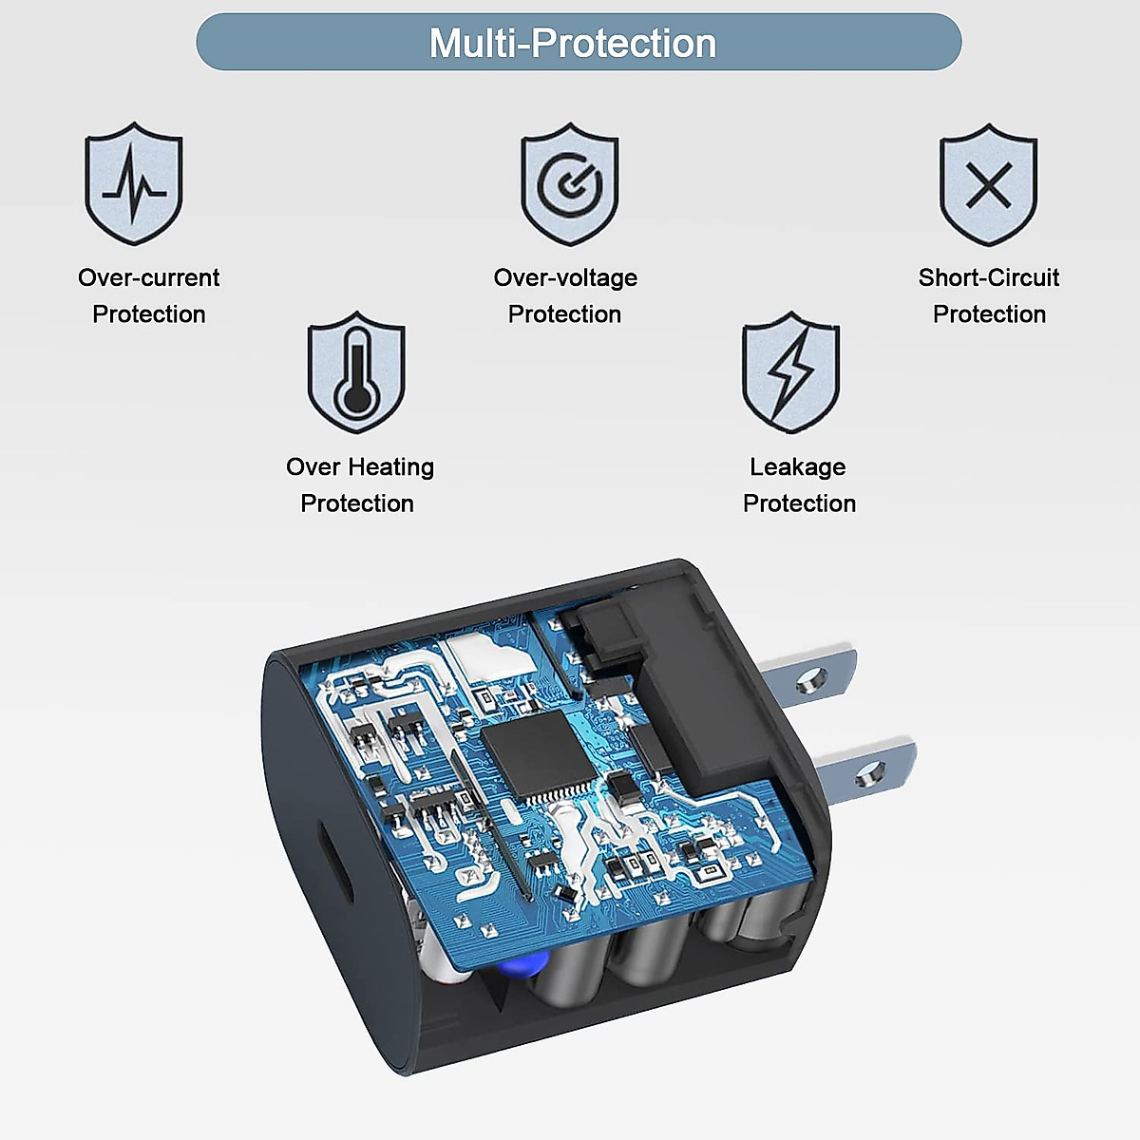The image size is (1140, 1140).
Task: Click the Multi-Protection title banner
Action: (579, 43)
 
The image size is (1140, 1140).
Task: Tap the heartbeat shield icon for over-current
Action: (134, 183)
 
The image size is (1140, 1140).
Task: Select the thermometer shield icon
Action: (356, 371)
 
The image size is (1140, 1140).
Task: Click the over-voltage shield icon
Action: (569, 183)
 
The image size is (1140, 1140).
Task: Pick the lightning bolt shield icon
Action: (790, 371)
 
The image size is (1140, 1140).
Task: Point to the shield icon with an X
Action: (988, 184)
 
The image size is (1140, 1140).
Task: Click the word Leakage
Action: (797, 466)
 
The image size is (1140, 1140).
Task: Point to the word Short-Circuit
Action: (988, 277)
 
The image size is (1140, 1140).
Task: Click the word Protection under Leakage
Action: (799, 503)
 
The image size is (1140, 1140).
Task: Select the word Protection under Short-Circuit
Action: (988, 314)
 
